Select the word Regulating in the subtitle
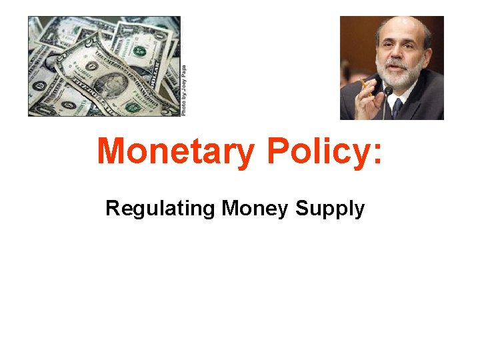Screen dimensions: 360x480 160,209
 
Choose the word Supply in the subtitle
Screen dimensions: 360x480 330,209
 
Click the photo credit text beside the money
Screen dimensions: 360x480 184,91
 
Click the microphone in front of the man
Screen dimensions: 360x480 387,94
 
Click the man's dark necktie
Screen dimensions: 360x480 397,107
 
